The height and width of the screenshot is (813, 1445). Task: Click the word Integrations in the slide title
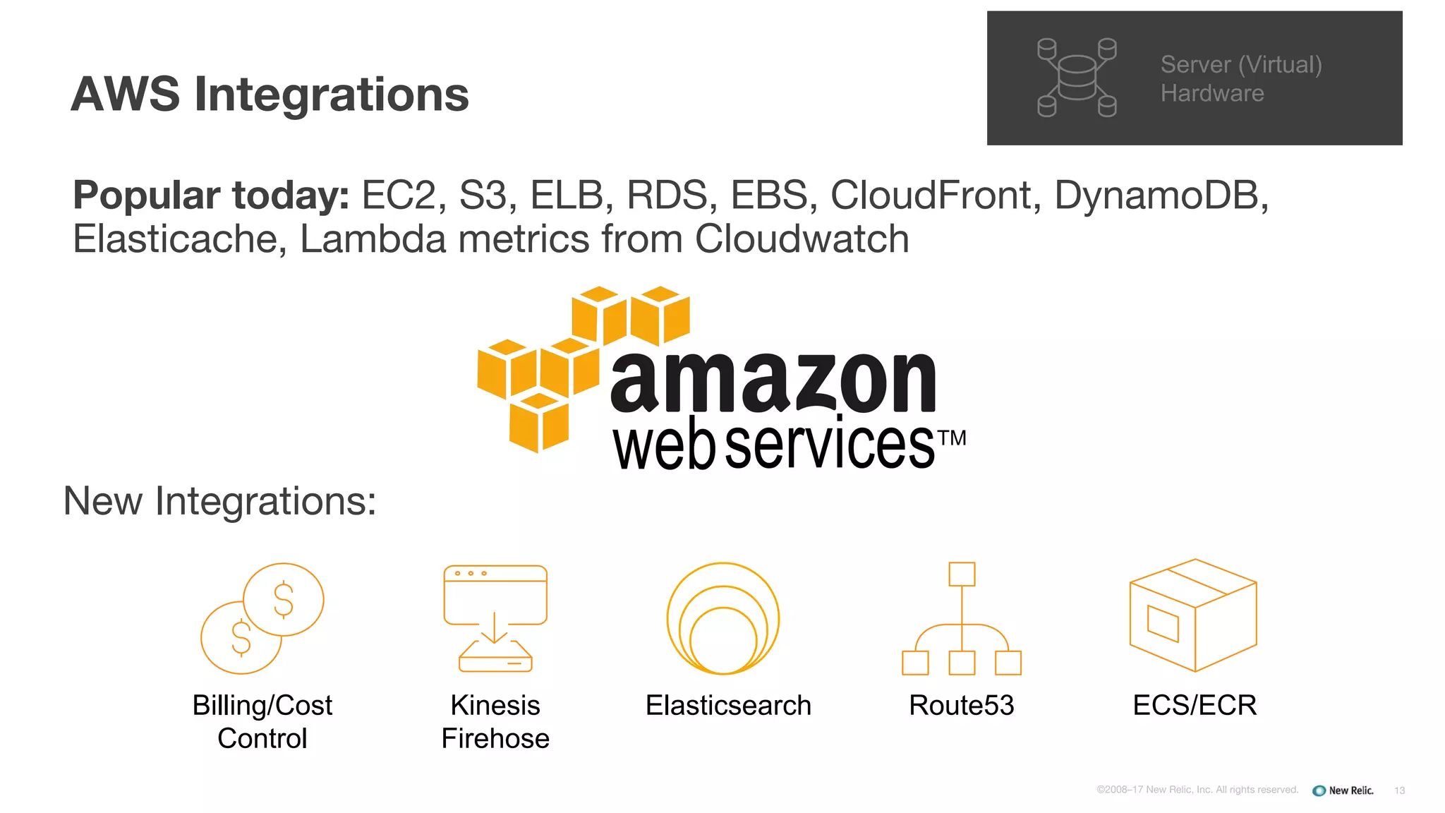tap(331, 95)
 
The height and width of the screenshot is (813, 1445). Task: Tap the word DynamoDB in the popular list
tap(1160, 195)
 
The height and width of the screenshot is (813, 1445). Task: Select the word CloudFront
tap(930, 195)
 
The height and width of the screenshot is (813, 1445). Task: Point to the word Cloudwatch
tap(802, 239)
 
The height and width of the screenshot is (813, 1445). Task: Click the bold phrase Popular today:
tap(211, 195)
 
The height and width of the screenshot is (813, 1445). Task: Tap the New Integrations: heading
tap(219, 501)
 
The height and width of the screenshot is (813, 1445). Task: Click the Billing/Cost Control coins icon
tap(262, 618)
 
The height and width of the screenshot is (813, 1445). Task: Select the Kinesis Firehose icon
tap(495, 618)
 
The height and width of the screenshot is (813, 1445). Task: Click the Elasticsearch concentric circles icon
tap(723, 618)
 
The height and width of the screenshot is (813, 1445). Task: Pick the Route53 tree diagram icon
tap(962, 618)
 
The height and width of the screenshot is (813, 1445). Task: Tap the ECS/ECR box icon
tap(1193, 615)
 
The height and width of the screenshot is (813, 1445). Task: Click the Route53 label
tap(961, 705)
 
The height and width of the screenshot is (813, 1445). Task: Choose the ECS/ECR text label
tap(1195, 705)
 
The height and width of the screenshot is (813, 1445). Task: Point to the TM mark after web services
tap(953, 438)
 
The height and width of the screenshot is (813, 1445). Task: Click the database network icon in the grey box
tap(1077, 78)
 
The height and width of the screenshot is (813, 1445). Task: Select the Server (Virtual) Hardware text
tap(1240, 78)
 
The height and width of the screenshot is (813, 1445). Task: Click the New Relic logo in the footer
tap(1343, 790)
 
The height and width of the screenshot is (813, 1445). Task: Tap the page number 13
tap(1399, 790)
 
